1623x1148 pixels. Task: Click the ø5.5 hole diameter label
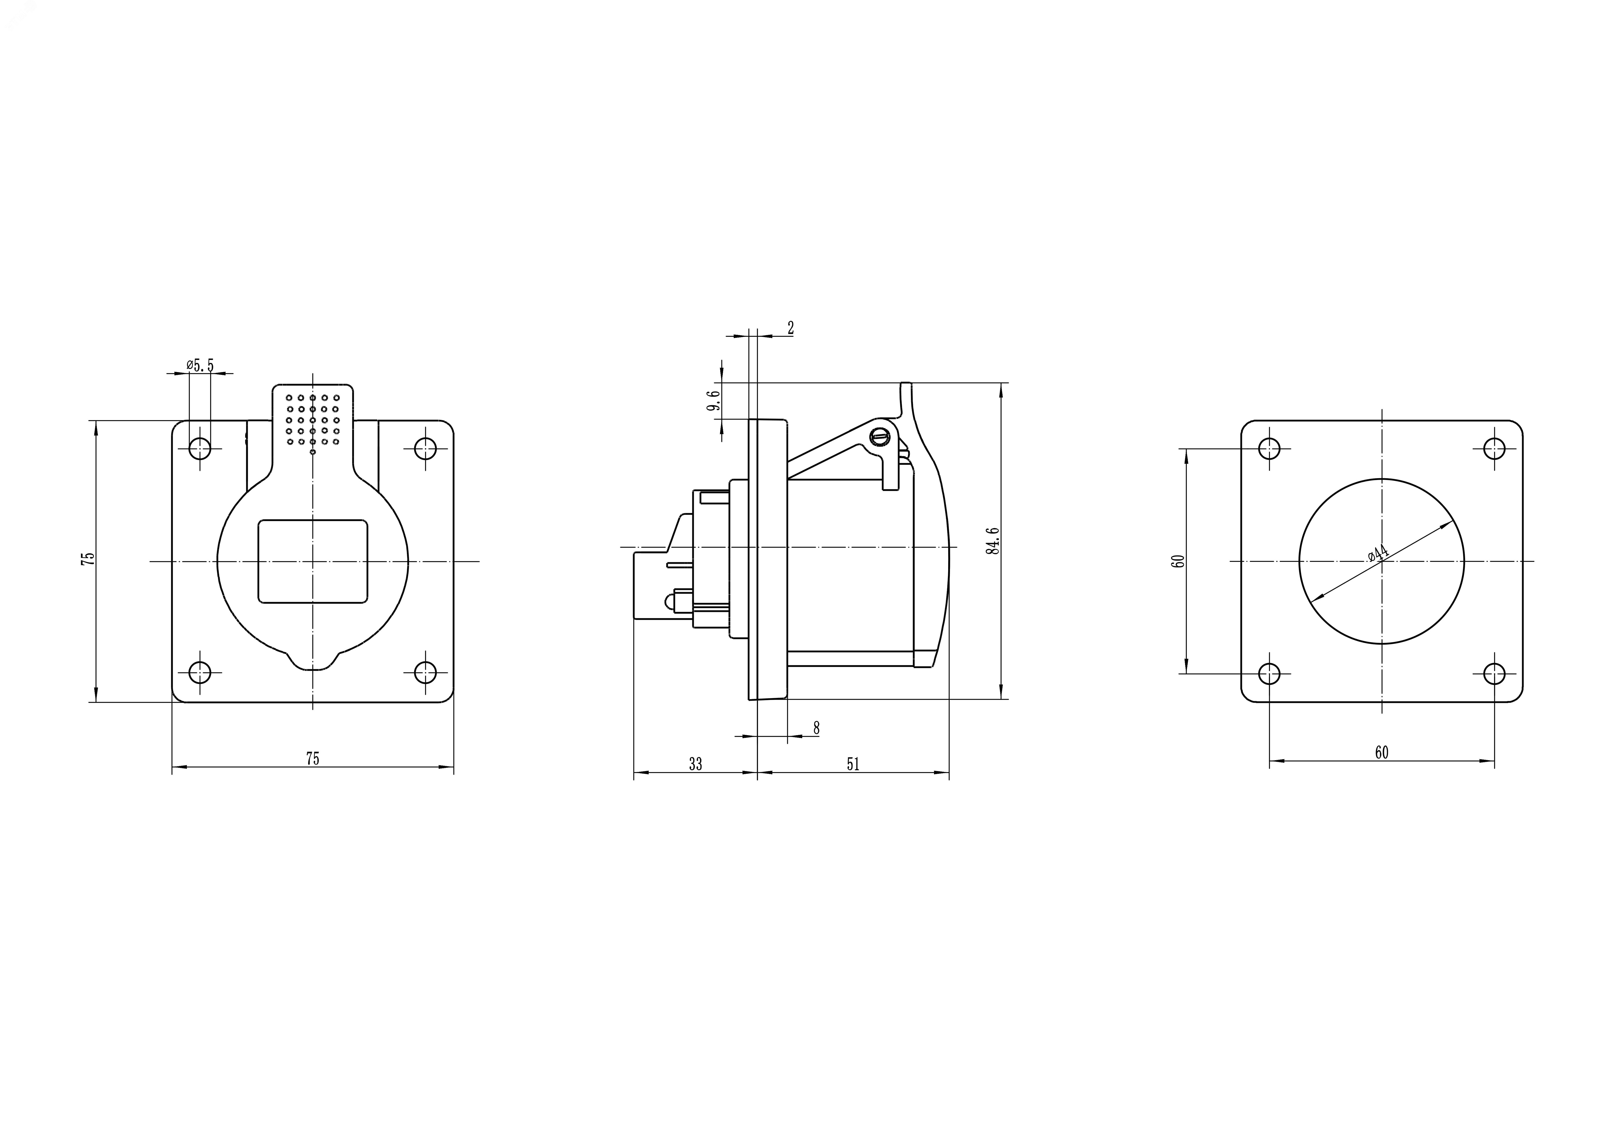pos(200,365)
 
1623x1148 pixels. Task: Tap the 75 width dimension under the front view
pos(312,759)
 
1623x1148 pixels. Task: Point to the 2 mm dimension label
pos(790,328)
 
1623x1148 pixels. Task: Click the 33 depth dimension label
pos(695,764)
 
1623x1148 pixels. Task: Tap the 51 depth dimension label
pos(853,764)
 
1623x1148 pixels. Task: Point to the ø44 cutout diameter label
pos(1378,554)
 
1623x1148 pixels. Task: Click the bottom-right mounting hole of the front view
pos(425,672)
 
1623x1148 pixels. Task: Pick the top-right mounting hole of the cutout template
pos(1494,448)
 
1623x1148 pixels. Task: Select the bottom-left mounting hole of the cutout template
pos(1270,674)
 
